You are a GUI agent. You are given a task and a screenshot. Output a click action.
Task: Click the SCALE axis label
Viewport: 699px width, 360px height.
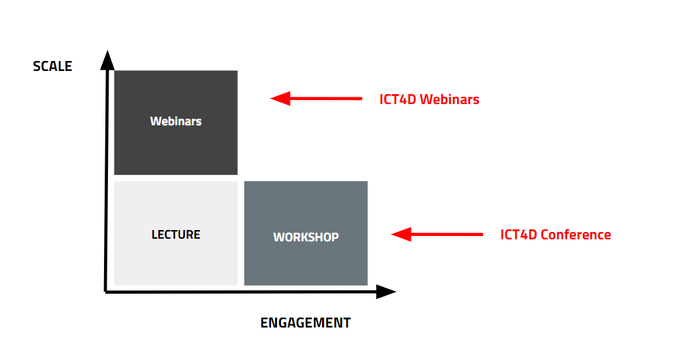click(52, 66)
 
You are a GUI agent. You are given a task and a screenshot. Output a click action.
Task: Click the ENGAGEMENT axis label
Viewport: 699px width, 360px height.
click(305, 323)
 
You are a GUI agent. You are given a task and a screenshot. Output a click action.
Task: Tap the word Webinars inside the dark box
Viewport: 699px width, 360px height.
click(176, 121)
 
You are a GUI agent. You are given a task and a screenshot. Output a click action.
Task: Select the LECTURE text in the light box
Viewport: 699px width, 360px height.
click(176, 235)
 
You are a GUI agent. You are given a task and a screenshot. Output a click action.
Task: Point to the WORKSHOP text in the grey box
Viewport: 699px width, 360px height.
click(305, 237)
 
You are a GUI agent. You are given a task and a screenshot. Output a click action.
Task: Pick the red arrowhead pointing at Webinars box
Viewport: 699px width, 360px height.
click(280, 99)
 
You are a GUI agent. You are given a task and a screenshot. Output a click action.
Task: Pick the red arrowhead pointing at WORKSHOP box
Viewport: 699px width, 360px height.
click(402, 234)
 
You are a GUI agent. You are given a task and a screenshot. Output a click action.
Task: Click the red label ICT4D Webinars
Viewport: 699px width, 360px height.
click(429, 100)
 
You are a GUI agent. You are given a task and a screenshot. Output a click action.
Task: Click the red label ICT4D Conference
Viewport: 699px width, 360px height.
click(555, 235)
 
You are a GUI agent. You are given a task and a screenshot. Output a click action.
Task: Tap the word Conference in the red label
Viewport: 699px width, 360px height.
click(576, 235)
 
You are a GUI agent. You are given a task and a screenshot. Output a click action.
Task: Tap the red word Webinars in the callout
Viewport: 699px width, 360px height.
click(449, 100)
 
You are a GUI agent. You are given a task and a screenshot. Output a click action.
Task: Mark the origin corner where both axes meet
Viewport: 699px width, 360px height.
click(106, 290)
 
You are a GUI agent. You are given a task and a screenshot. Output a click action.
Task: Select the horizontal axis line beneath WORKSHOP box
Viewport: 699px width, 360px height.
click(305, 291)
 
